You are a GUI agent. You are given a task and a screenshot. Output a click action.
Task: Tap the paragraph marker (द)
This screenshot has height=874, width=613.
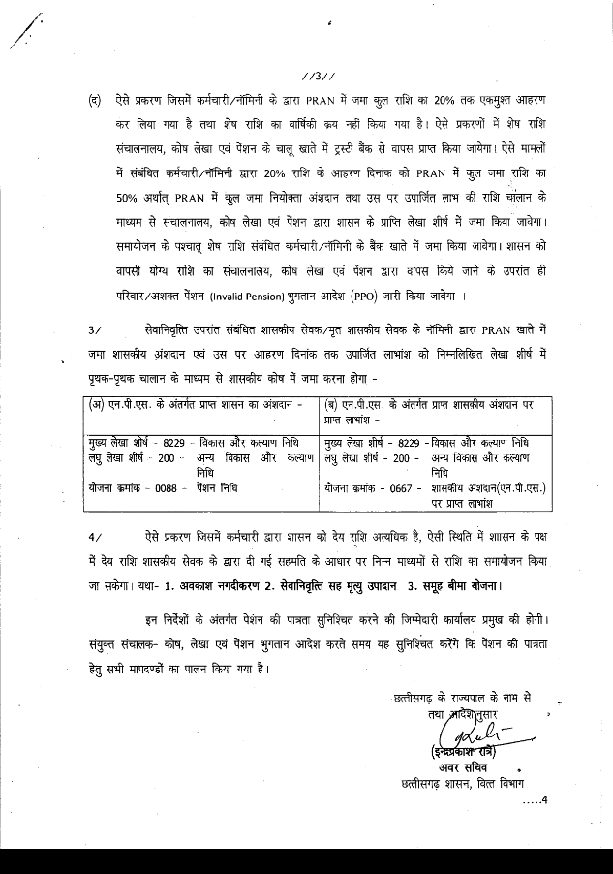(94, 100)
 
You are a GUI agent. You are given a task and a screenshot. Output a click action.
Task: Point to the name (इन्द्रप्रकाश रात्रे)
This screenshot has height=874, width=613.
(472, 753)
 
